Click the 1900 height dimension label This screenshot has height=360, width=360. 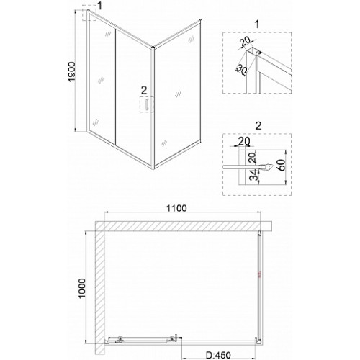[x=72, y=72]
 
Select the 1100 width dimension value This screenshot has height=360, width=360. [x=176, y=208]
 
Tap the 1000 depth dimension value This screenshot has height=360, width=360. [x=82, y=289]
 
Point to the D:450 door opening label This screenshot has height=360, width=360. [x=218, y=355]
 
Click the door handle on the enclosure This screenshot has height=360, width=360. [x=146, y=105]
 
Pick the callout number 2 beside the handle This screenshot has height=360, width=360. [x=143, y=91]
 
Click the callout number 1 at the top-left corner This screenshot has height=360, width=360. [x=99, y=6]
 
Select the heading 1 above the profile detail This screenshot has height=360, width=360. [x=257, y=24]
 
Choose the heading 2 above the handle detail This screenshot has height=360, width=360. [x=258, y=126]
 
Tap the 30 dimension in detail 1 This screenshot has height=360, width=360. [x=241, y=69]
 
